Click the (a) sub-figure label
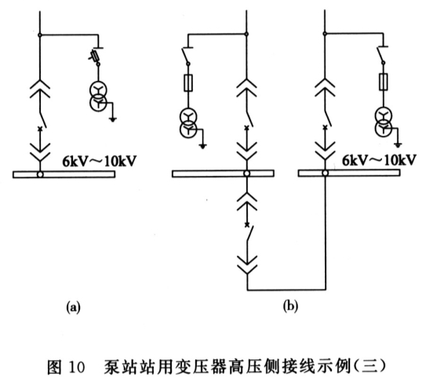(73, 307)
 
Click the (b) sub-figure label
(290, 306)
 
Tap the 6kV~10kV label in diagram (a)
(99, 162)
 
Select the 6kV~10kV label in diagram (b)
(379, 160)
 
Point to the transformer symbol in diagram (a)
(98, 97)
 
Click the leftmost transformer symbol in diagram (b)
(188, 123)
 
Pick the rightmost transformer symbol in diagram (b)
(384, 120)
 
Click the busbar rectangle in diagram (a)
(64, 174)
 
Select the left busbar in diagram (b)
(223, 173)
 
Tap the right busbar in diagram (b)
(349, 173)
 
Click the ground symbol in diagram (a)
(113, 119)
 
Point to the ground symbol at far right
(398, 145)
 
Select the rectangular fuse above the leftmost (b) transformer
(188, 83)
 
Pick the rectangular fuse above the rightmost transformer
(384, 82)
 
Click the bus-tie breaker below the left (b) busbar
(249, 233)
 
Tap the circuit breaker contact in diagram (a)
(42, 120)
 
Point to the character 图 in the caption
(55, 367)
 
